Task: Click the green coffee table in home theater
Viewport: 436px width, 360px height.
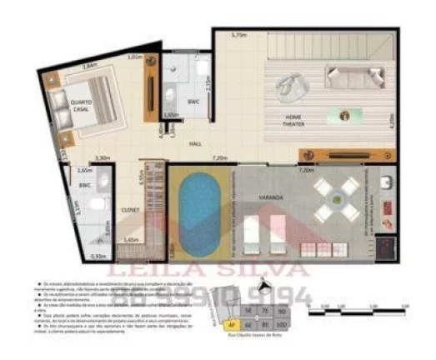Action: tap(343, 113)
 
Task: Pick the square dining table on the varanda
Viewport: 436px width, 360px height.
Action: tap(336, 201)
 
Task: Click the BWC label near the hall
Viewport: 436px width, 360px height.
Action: tap(193, 102)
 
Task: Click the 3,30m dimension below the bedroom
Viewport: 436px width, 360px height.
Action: tap(103, 157)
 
